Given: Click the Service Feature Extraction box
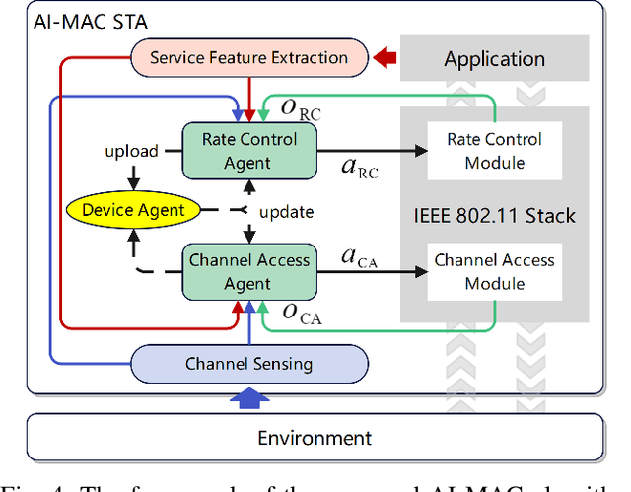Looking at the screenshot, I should tap(248, 58).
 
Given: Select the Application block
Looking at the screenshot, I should tap(494, 59).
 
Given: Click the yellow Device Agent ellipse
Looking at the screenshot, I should tap(134, 209).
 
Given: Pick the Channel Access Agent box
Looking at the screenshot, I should tap(249, 272).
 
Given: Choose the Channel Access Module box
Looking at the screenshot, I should tap(495, 272).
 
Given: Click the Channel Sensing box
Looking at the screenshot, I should tap(248, 364).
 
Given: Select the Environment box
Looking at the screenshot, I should tap(315, 438).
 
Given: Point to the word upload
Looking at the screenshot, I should tap(131, 151).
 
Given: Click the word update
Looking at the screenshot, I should tap(286, 211).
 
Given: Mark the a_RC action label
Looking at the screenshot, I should tap(359, 167).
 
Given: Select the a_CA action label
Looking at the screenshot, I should tap(359, 258).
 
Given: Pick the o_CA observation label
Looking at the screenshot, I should tap(302, 316).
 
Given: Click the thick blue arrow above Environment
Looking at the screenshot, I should tap(248, 396).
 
